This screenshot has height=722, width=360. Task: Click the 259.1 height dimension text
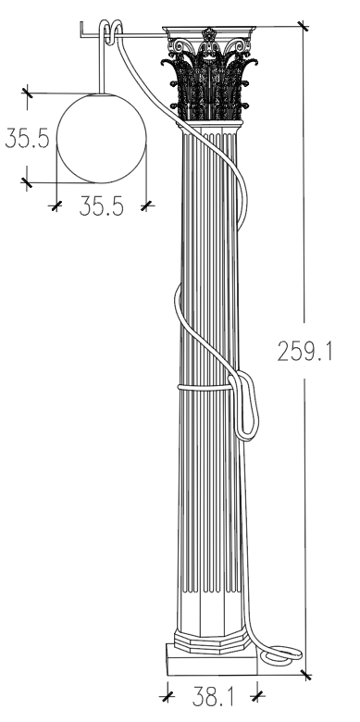click(304, 351)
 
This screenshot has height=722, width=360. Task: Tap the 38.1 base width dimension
click(213, 696)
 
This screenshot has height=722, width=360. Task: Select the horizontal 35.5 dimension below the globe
click(101, 205)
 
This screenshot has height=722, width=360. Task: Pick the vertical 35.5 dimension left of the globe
click(27, 138)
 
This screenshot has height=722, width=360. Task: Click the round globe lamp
click(101, 138)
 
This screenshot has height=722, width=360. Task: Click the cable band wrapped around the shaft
click(205, 387)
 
